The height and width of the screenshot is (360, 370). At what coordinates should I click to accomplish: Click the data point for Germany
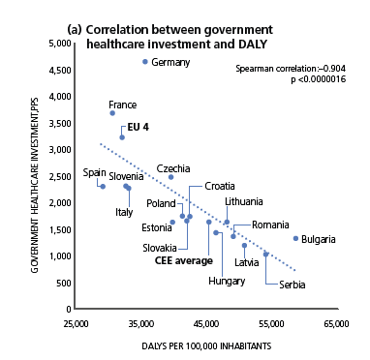pos(145,62)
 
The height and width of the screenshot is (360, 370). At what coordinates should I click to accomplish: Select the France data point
pos(112,113)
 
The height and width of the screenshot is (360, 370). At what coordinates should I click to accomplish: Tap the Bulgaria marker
pos(295,238)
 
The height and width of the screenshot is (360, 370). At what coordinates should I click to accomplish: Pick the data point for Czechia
pos(170,177)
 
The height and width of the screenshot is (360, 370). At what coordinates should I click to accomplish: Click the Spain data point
pos(103,187)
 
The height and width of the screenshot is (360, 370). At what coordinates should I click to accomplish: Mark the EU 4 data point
pos(122,137)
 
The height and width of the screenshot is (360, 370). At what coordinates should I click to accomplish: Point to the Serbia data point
pos(265,255)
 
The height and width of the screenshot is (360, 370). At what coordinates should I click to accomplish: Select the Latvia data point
pos(244,246)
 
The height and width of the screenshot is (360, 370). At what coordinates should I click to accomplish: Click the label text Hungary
pos(227,282)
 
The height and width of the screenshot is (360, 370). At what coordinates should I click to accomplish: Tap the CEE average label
pos(184,260)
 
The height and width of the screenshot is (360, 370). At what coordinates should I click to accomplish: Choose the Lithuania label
pos(244,201)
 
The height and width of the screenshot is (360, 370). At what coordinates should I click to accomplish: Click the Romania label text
pos(270,225)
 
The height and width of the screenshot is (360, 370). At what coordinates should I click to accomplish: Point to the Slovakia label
pos(160,248)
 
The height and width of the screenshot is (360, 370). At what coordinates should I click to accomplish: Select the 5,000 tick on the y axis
pos(60,44)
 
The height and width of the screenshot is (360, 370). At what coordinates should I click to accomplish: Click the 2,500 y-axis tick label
pos(60,176)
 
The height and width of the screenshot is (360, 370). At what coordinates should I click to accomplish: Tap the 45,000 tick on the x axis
pos(206,323)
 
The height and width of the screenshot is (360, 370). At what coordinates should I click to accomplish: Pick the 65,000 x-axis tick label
pos(336,323)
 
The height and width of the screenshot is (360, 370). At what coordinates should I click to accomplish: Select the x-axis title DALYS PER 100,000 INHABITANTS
pos(206,346)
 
